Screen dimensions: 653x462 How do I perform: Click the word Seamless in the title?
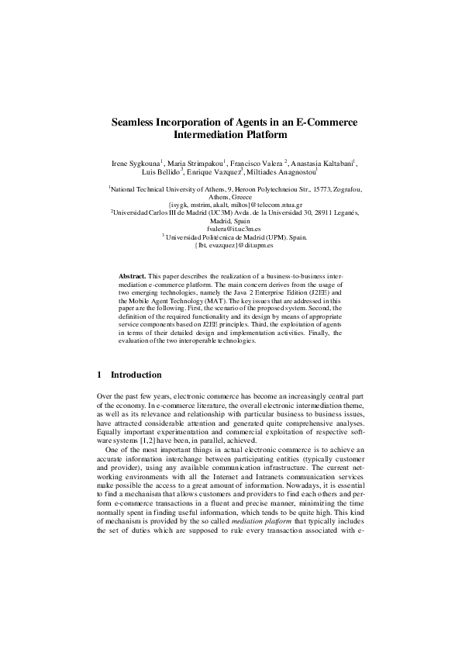coord(138,122)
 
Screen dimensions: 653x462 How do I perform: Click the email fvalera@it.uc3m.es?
coord(231,229)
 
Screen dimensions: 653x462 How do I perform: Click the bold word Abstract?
coord(132,277)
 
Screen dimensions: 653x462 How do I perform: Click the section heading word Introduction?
coord(136,375)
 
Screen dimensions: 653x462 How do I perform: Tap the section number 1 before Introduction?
coord(99,375)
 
